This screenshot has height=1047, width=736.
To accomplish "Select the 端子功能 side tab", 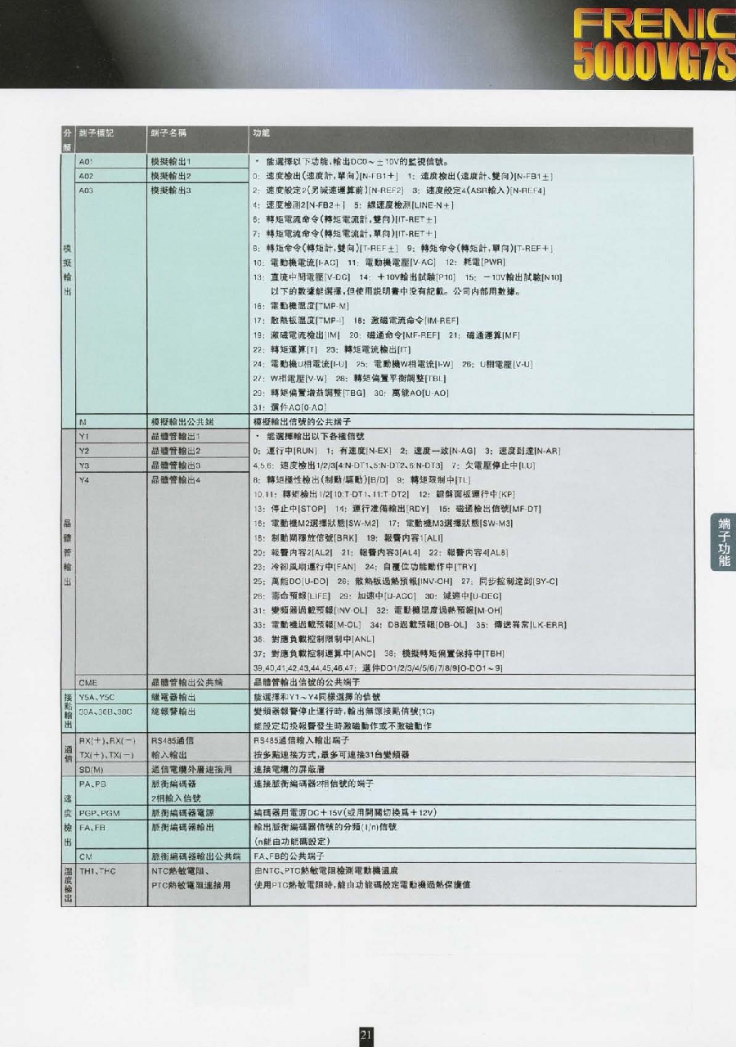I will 724,542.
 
